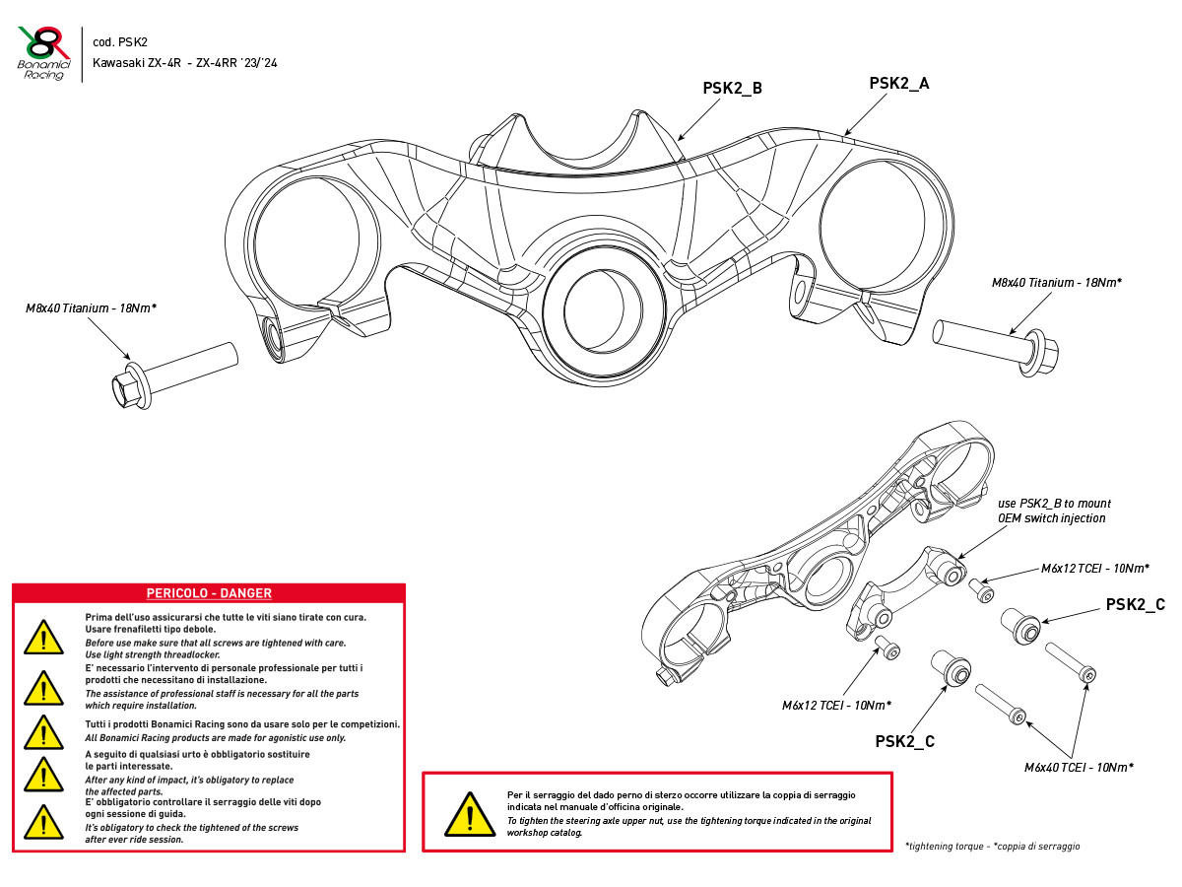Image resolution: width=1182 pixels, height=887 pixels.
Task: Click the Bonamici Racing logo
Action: (x=45, y=52)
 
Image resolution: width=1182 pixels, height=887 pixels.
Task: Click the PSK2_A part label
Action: (x=898, y=84)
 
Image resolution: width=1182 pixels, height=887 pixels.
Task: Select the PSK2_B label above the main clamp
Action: (x=732, y=88)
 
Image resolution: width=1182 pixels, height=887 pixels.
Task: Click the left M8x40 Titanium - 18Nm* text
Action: (x=91, y=308)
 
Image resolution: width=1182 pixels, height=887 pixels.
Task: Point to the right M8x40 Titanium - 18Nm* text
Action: (x=1057, y=283)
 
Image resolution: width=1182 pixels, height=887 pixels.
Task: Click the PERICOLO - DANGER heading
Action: (x=209, y=593)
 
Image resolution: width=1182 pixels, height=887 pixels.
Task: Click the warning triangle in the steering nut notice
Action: (x=469, y=813)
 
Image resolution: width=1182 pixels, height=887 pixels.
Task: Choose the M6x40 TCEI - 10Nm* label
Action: (x=1079, y=767)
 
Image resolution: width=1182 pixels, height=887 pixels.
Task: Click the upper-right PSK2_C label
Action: (x=1135, y=604)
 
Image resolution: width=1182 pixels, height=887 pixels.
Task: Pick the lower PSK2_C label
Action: (x=904, y=741)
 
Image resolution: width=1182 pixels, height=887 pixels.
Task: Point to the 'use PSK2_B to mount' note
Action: (x=1052, y=504)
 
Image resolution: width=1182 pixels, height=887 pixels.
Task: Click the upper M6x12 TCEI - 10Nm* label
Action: (x=1095, y=569)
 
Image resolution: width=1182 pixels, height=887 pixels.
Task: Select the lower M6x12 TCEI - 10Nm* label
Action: (x=836, y=706)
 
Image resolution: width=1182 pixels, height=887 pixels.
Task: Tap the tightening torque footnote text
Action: (x=992, y=846)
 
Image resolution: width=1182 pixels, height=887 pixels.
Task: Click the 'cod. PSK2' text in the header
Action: (x=120, y=42)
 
